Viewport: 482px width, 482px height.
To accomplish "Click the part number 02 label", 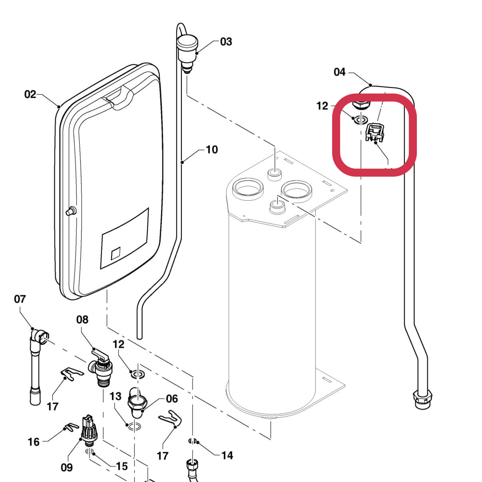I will [30, 94].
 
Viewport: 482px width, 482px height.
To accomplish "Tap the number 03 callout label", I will [226, 42].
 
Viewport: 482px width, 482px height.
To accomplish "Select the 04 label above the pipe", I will [339, 72].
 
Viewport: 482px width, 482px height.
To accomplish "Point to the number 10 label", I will [211, 149].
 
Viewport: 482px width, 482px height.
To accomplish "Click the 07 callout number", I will [20, 299].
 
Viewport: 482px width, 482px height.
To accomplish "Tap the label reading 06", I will [172, 398].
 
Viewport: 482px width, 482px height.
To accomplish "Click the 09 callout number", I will [67, 467].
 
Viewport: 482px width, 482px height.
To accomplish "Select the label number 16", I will [34, 442].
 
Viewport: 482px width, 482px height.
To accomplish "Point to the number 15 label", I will [121, 466].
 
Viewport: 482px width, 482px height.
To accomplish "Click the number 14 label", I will [227, 455].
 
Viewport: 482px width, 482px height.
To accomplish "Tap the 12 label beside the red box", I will [322, 106].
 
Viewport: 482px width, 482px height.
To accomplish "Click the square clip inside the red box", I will [374, 132].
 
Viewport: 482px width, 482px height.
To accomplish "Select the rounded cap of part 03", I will [187, 42].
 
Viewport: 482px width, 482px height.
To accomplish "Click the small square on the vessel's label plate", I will [116, 253].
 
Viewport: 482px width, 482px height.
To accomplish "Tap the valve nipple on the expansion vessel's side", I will [70, 210].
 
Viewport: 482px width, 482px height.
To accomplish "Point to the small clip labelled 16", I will [72, 427].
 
